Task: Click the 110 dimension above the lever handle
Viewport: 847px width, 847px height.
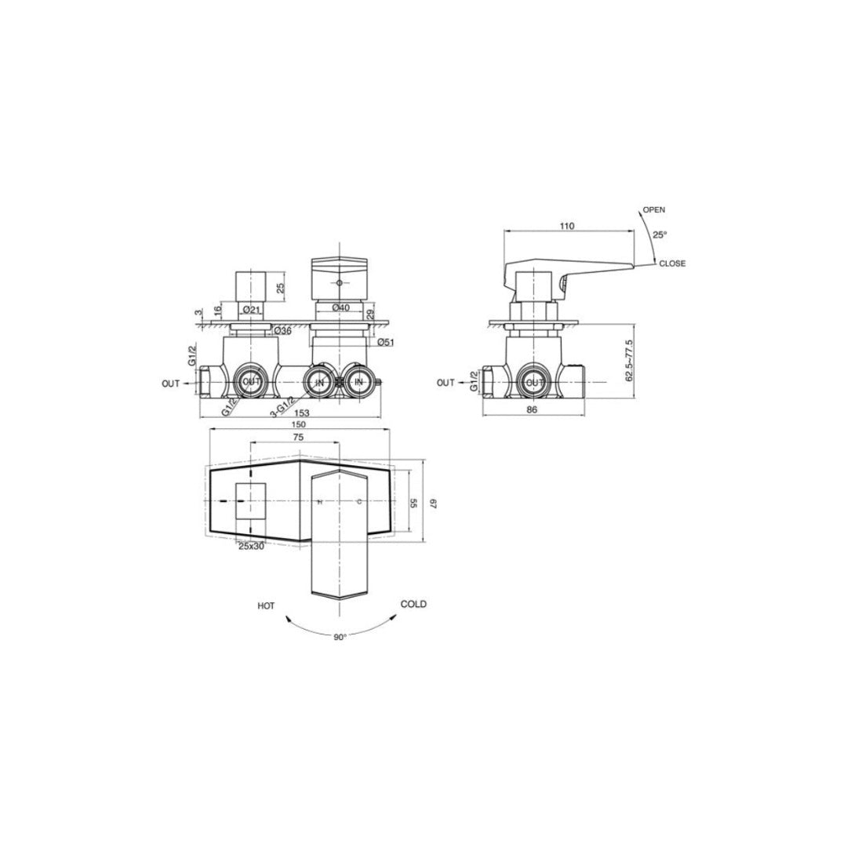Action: pos(567,226)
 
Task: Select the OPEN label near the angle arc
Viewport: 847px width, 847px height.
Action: pos(653,210)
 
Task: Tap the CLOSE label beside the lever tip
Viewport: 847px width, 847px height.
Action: pos(672,264)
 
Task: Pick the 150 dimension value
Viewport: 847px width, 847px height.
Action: pos(299,424)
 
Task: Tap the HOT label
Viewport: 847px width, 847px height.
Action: pos(266,605)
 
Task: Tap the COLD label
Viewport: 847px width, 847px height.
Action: pos(413,604)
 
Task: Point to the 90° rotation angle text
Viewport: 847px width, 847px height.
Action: pos(339,638)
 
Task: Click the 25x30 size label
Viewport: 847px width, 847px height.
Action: pos(251,547)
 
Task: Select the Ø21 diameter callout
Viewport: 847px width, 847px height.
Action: pos(251,309)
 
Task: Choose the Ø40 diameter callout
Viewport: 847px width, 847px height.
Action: pos(340,308)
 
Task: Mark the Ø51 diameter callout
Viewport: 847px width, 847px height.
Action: pos(384,343)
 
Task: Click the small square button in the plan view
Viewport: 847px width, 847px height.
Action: pos(251,502)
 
